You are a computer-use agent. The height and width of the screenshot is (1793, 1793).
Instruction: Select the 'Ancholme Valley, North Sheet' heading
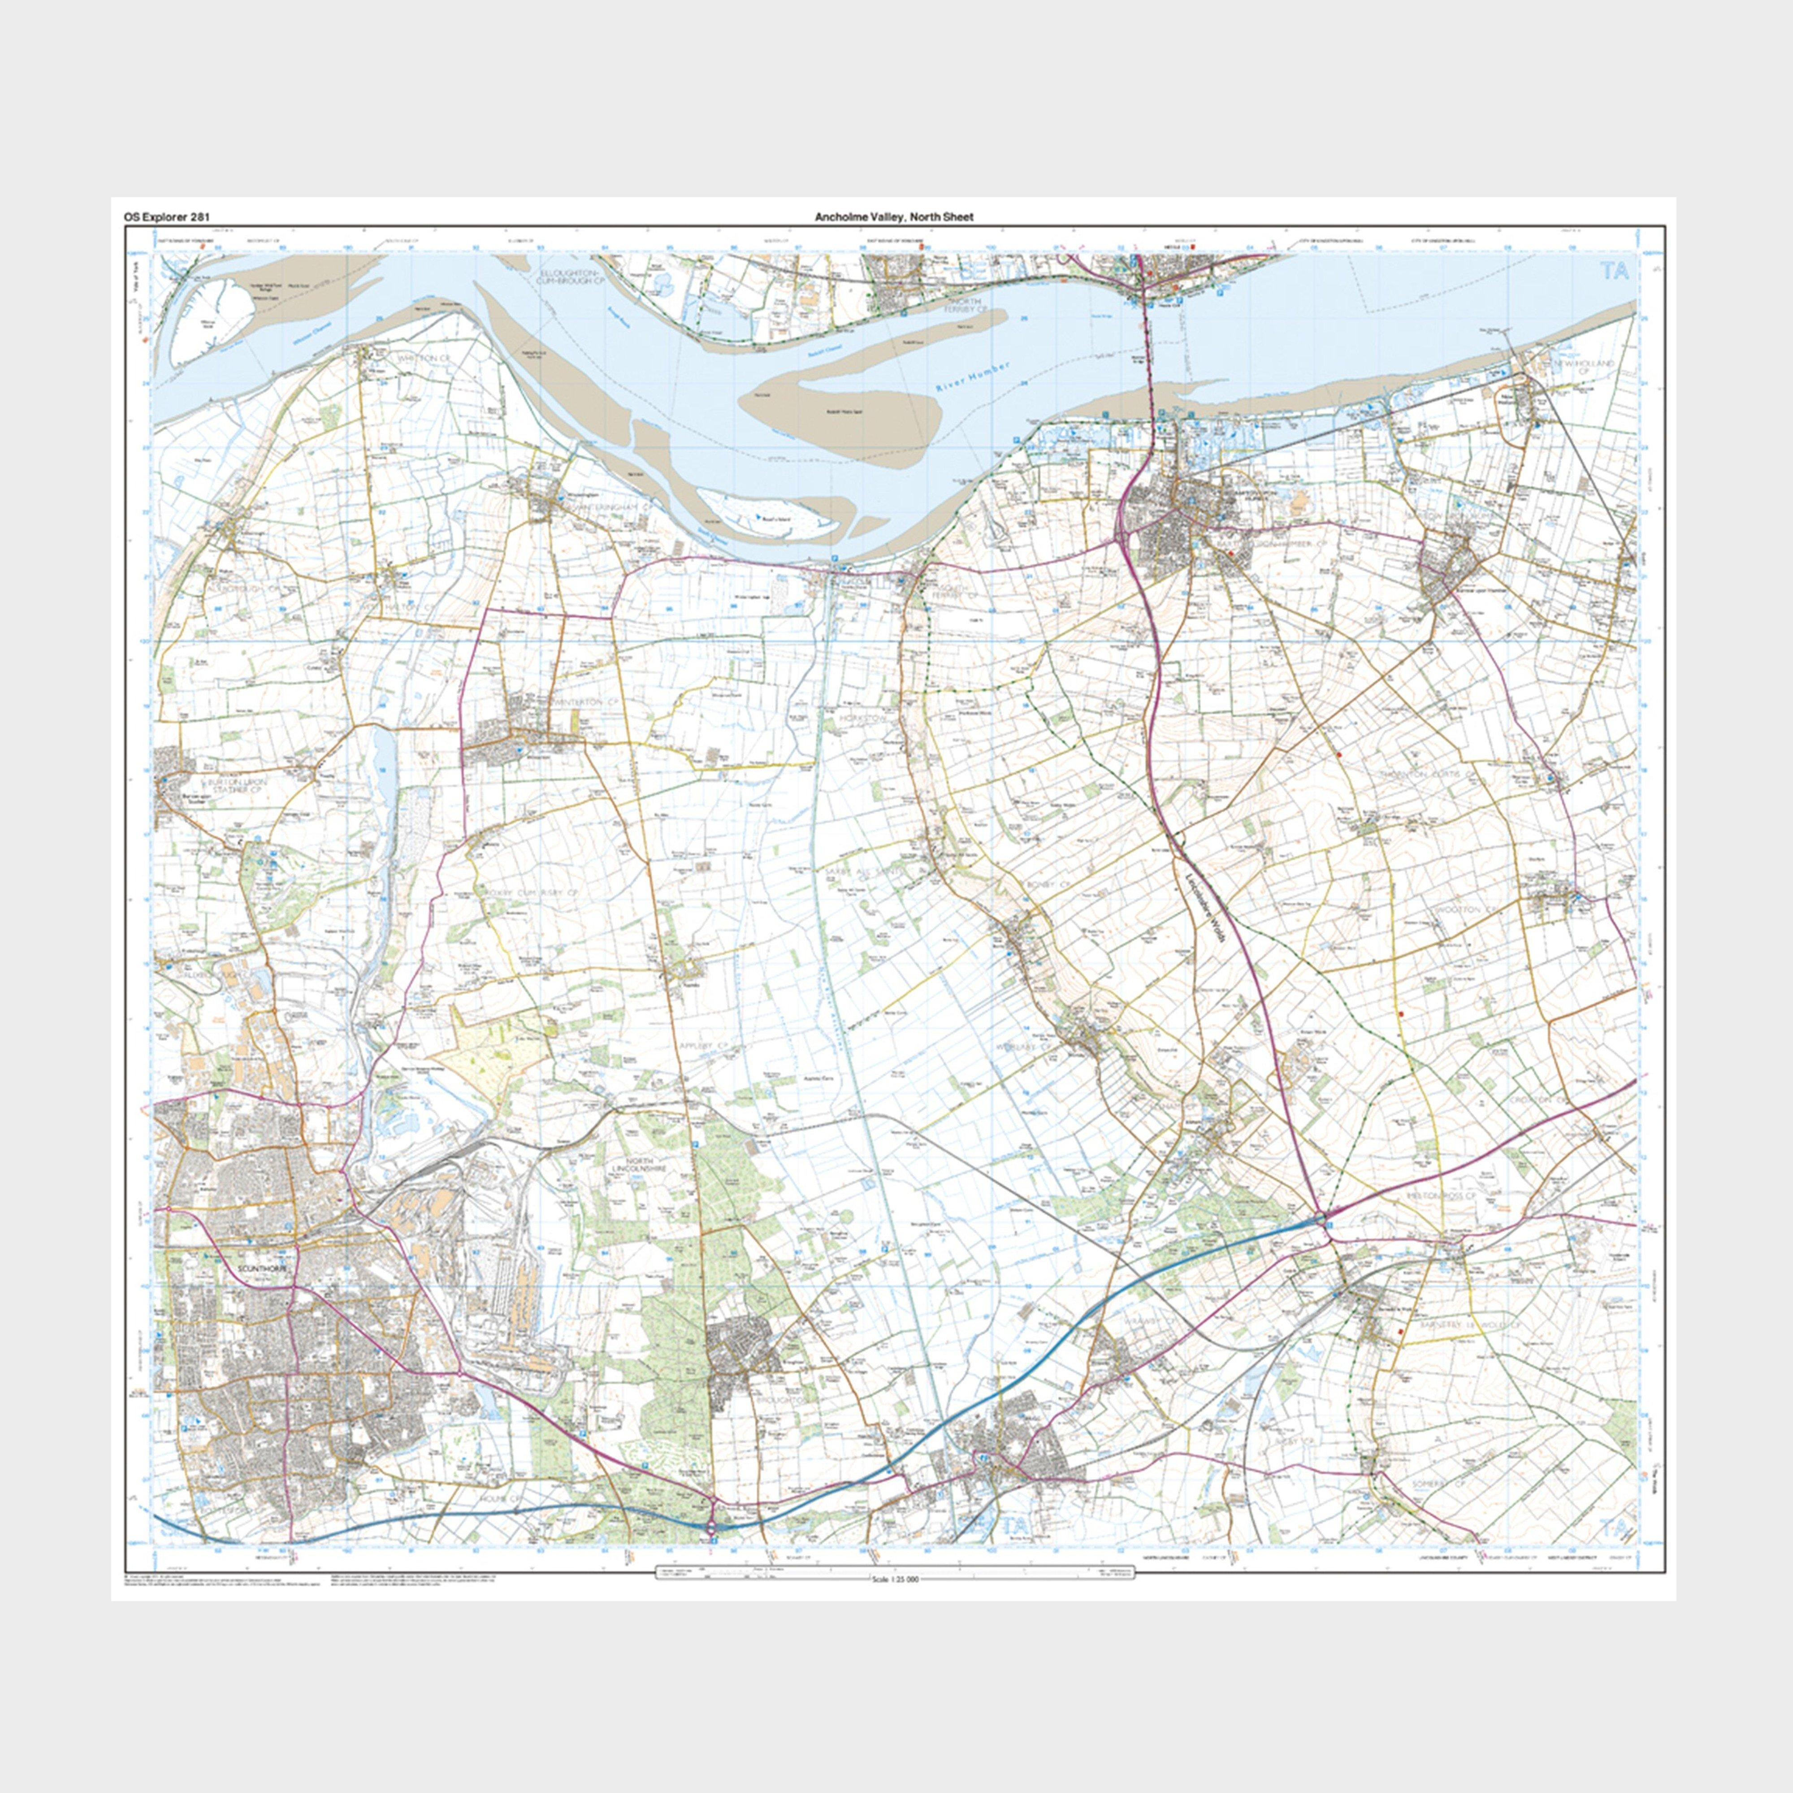(x=894, y=217)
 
